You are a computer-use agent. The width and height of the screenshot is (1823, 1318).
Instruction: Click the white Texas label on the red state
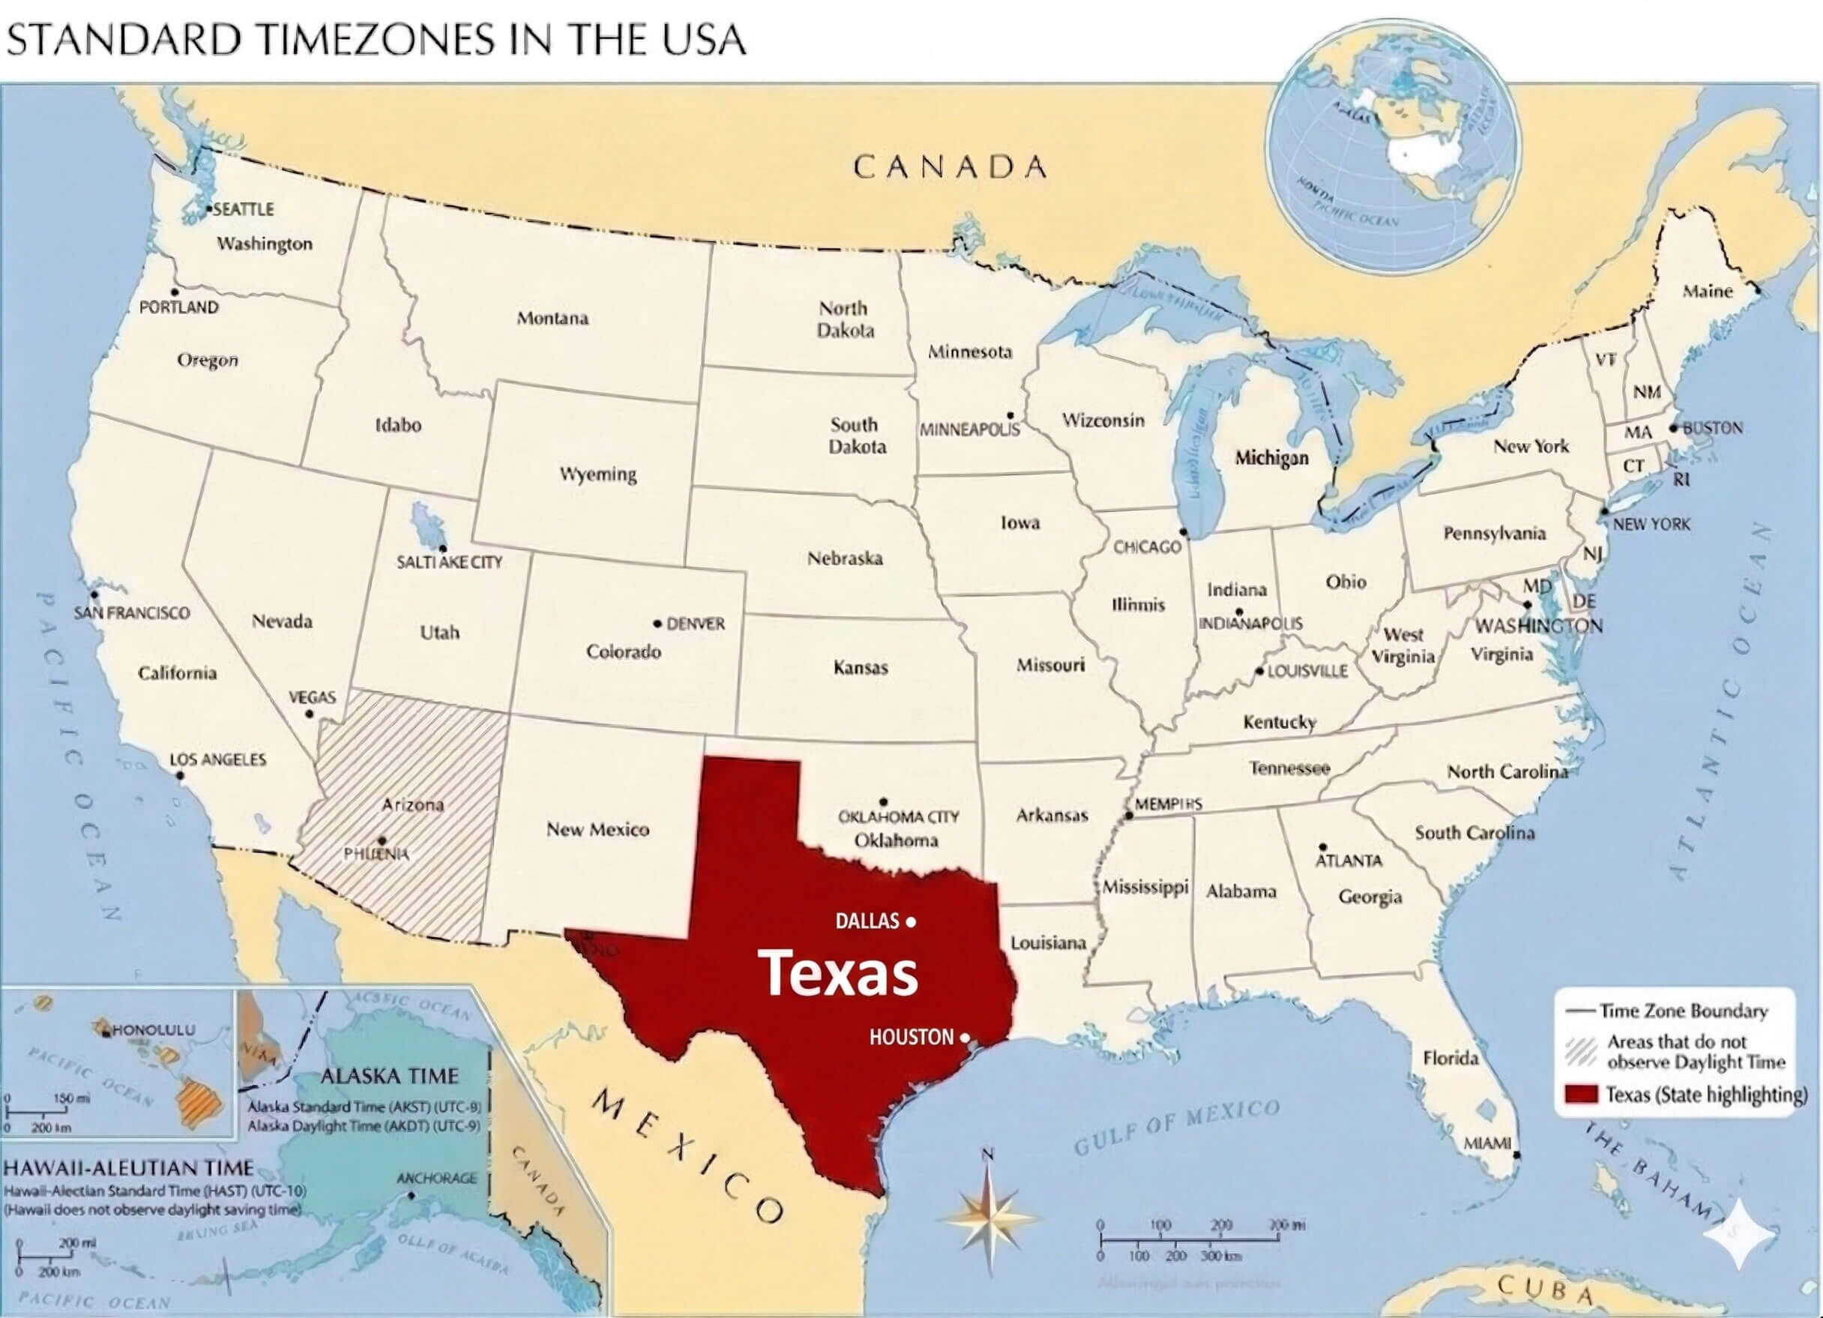tap(837, 973)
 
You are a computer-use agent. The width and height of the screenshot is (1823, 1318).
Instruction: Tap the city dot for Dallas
tap(911, 921)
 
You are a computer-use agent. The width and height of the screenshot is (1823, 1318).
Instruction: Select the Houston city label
tap(911, 1038)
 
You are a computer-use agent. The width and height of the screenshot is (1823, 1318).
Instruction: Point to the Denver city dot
tap(657, 623)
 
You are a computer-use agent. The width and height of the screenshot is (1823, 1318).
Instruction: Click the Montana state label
tap(552, 319)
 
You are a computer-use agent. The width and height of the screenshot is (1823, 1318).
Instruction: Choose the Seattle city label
tap(244, 209)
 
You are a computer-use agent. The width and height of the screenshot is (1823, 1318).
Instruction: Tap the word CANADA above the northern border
tap(950, 167)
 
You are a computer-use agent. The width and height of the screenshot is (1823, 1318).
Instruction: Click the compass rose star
tap(989, 1218)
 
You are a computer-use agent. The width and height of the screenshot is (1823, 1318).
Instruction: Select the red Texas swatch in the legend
tap(1580, 1095)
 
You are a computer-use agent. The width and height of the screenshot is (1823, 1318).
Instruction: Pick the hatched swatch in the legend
tap(1580, 1051)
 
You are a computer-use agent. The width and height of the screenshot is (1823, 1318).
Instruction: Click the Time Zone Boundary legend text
tap(1683, 1011)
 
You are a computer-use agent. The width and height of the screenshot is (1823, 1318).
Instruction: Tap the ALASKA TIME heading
tap(389, 1076)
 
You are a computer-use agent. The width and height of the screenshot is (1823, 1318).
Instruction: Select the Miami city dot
tap(1516, 1155)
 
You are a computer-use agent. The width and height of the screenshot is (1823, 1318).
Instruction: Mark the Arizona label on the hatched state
tap(412, 805)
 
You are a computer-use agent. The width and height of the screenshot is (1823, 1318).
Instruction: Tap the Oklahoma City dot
tap(883, 801)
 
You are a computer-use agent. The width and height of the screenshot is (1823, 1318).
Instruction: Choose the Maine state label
tap(1708, 291)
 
